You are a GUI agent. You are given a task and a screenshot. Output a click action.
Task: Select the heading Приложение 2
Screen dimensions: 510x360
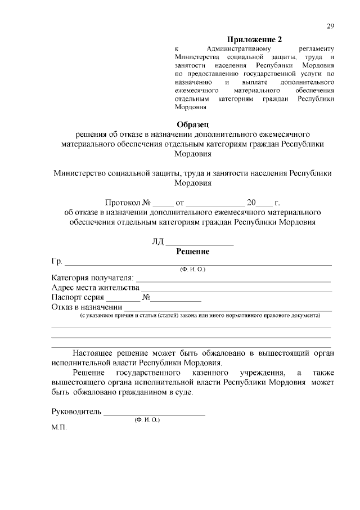(254, 39)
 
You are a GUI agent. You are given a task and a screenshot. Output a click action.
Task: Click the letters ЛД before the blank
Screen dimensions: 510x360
(157, 242)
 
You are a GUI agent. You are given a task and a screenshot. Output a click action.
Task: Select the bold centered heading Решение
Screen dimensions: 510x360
(192, 252)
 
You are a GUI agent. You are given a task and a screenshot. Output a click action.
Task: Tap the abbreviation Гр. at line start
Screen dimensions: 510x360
(57, 262)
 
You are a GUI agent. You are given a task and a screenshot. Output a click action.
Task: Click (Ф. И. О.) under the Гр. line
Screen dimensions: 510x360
(192, 270)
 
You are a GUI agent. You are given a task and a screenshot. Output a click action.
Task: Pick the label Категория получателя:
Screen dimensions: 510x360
(93, 278)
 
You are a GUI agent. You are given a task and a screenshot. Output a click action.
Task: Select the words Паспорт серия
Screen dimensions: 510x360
(78, 297)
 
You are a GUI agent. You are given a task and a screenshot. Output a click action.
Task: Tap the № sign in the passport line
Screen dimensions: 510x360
(146, 297)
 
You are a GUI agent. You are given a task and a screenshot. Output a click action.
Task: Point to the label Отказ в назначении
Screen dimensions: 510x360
(87, 307)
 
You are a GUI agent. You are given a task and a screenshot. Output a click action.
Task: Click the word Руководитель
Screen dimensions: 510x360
(76, 411)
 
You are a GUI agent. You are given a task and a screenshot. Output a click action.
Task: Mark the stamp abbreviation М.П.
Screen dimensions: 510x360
(59, 428)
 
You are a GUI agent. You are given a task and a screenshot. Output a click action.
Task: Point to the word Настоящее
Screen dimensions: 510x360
(93, 353)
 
